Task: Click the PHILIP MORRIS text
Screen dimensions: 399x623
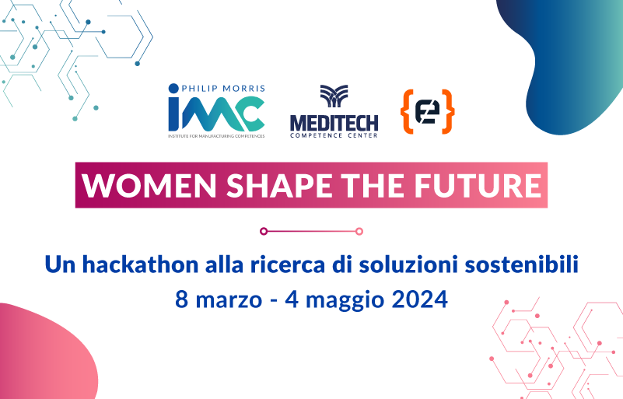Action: coord(222,89)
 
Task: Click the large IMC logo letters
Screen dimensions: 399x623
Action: coord(215,113)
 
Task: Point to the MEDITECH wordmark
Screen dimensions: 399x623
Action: coord(334,121)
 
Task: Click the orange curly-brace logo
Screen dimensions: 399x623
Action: coord(427,112)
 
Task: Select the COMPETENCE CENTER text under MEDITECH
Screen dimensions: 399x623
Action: coord(334,135)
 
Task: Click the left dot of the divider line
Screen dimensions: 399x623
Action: coord(264,230)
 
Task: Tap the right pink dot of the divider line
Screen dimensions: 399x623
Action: coord(359,230)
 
